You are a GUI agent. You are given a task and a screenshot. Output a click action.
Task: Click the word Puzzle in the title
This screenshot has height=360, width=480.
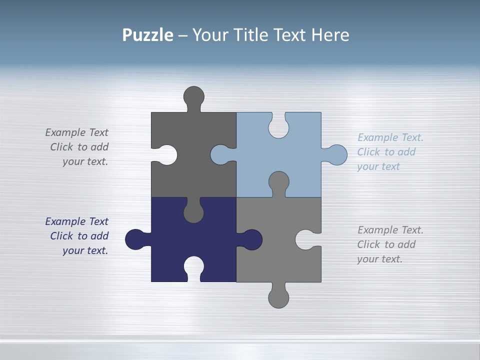click(147, 35)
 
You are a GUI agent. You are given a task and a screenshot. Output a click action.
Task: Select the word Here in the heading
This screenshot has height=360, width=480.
click(330, 35)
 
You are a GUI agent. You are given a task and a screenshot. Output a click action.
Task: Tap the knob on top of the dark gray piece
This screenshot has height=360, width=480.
click(193, 96)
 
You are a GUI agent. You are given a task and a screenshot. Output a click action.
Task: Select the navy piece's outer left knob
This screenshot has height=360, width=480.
click(134, 239)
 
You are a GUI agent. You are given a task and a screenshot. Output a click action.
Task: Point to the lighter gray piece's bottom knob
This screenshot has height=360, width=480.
click(278, 298)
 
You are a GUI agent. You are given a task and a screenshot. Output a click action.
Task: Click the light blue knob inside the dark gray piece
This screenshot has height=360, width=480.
click(220, 155)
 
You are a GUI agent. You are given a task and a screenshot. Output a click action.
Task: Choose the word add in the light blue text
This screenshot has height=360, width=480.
click(406, 152)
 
